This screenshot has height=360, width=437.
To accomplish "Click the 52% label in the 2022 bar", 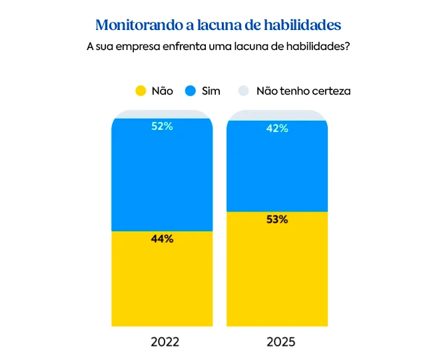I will [162, 126].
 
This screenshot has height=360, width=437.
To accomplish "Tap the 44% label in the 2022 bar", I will [162, 239].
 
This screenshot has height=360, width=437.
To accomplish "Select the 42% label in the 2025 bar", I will [277, 129].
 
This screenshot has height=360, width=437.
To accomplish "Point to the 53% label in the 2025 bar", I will [277, 219].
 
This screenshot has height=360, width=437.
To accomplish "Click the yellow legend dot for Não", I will [141, 91].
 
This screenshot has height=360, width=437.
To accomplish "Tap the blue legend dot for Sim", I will [191, 91].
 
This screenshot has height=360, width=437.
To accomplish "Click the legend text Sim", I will [211, 91].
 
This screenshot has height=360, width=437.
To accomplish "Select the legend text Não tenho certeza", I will [303, 91].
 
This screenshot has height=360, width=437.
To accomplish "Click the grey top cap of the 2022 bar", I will [162, 114].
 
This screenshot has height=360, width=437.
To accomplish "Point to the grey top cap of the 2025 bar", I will [277, 115].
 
